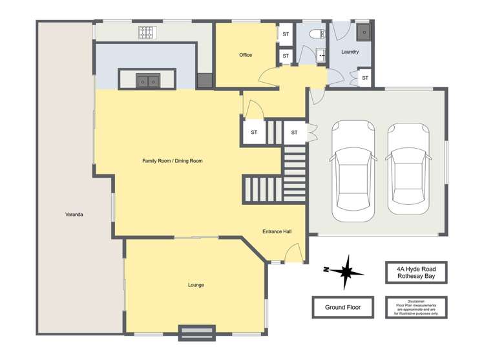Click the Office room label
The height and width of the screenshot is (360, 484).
coord(246,55)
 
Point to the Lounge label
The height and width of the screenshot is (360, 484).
coord(196,285)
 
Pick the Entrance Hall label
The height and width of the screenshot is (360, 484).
coord(277,231)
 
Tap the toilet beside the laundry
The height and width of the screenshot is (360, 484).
coord(316,34)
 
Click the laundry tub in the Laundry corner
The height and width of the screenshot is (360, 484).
coord(364,32)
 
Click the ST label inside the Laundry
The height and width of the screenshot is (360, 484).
coord(364,78)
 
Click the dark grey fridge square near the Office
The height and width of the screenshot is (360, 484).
coord(204,80)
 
